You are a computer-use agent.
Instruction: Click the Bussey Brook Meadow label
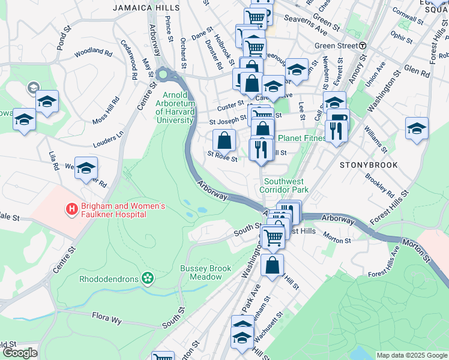click(206, 273)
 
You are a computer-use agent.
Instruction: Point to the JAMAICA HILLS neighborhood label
click(146, 8)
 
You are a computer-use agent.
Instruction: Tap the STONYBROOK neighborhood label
click(364, 164)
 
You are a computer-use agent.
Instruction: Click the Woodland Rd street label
click(94, 53)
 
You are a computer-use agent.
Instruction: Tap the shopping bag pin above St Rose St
click(224, 141)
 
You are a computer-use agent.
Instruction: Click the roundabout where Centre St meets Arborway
click(163, 76)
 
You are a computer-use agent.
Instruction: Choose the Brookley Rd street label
click(379, 185)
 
